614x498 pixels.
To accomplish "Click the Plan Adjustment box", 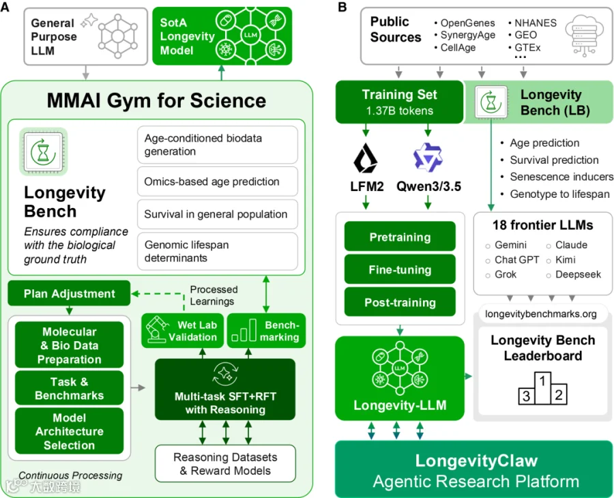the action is pyautogui.click(x=69, y=293).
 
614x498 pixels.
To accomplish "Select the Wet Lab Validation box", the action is pyautogui.click(x=182, y=331).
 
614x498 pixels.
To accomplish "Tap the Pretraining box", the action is pyautogui.click(x=400, y=237).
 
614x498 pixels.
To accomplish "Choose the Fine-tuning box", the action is pyautogui.click(x=400, y=269).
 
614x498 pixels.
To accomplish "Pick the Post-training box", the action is pyautogui.click(x=400, y=302).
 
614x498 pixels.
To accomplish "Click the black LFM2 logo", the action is pyautogui.click(x=366, y=158).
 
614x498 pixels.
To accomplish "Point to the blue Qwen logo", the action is pyautogui.click(x=428, y=158).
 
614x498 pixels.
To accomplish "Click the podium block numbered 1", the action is pyautogui.click(x=542, y=387).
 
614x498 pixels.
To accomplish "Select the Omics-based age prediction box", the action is pyautogui.click(x=218, y=181).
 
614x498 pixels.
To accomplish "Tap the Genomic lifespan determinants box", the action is pyautogui.click(x=218, y=251).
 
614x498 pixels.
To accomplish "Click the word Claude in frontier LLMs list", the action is pyautogui.click(x=571, y=245).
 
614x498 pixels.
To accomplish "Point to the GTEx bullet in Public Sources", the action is pyautogui.click(x=525, y=48).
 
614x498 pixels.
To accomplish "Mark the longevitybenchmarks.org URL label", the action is pyautogui.click(x=541, y=314).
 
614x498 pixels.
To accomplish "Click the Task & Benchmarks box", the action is pyautogui.click(x=70, y=388).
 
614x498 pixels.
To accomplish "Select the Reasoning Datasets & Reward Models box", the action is pyautogui.click(x=225, y=463).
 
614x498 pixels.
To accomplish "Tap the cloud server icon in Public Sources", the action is pyautogui.click(x=584, y=35).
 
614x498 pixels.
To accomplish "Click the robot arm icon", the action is pyautogui.click(x=156, y=330).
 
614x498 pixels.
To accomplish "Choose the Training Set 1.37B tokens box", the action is pyautogui.click(x=399, y=102).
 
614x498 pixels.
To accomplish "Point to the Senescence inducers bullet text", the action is pyautogui.click(x=561, y=177).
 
